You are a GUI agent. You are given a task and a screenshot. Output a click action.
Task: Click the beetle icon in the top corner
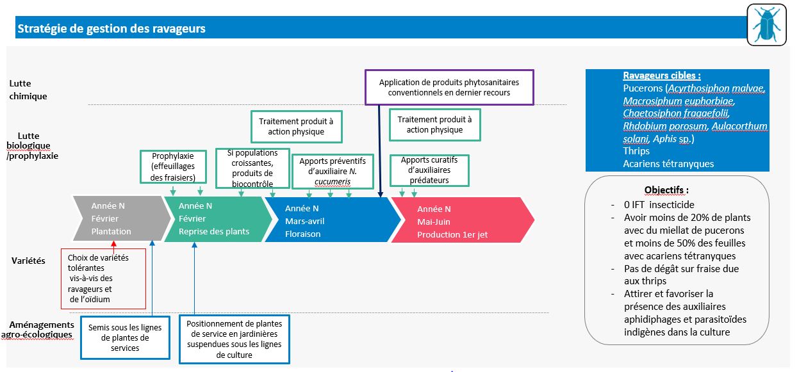766,25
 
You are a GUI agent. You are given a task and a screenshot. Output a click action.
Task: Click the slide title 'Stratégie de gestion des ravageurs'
111,29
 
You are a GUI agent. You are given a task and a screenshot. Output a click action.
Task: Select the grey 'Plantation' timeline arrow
119,220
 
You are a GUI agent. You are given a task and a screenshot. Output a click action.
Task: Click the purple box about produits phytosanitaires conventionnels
449,87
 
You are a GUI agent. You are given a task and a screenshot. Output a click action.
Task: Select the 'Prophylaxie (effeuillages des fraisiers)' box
173,166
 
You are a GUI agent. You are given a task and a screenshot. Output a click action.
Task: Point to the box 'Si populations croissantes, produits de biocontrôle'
252,168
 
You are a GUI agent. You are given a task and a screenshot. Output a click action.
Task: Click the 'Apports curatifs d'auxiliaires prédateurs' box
429,170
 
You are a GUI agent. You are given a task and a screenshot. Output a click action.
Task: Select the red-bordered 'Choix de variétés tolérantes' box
103,279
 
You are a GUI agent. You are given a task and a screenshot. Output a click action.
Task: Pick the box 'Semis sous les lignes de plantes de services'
125,338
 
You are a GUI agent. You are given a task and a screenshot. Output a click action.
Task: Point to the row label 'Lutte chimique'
29,90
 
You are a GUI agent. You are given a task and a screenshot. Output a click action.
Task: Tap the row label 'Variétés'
28,261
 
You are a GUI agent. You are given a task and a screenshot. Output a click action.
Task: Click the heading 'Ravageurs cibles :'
662,75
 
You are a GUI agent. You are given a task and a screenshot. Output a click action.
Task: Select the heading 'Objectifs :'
666,190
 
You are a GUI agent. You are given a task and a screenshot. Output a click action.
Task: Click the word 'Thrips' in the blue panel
636,151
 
